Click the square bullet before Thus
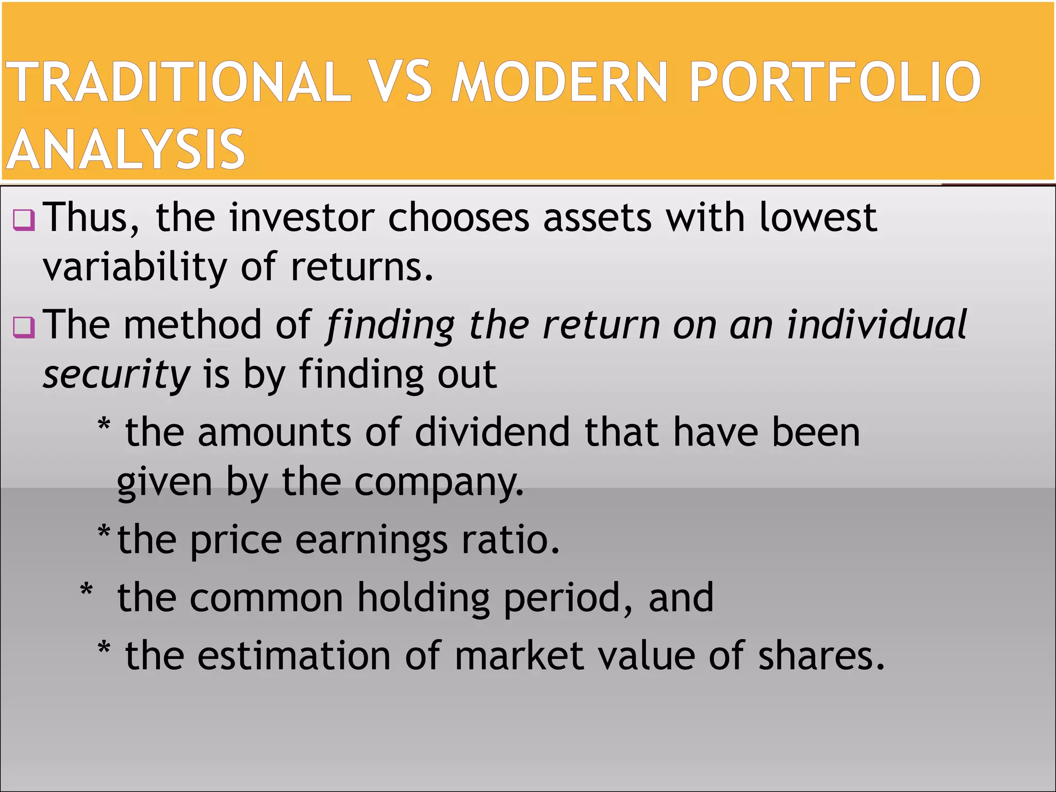click(x=24, y=220)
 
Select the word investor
click(x=302, y=218)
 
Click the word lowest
click(x=818, y=218)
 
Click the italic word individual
click(x=877, y=325)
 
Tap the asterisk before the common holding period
click(x=87, y=590)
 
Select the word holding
click(x=423, y=598)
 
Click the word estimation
click(x=294, y=656)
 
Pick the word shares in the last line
click(x=821, y=656)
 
